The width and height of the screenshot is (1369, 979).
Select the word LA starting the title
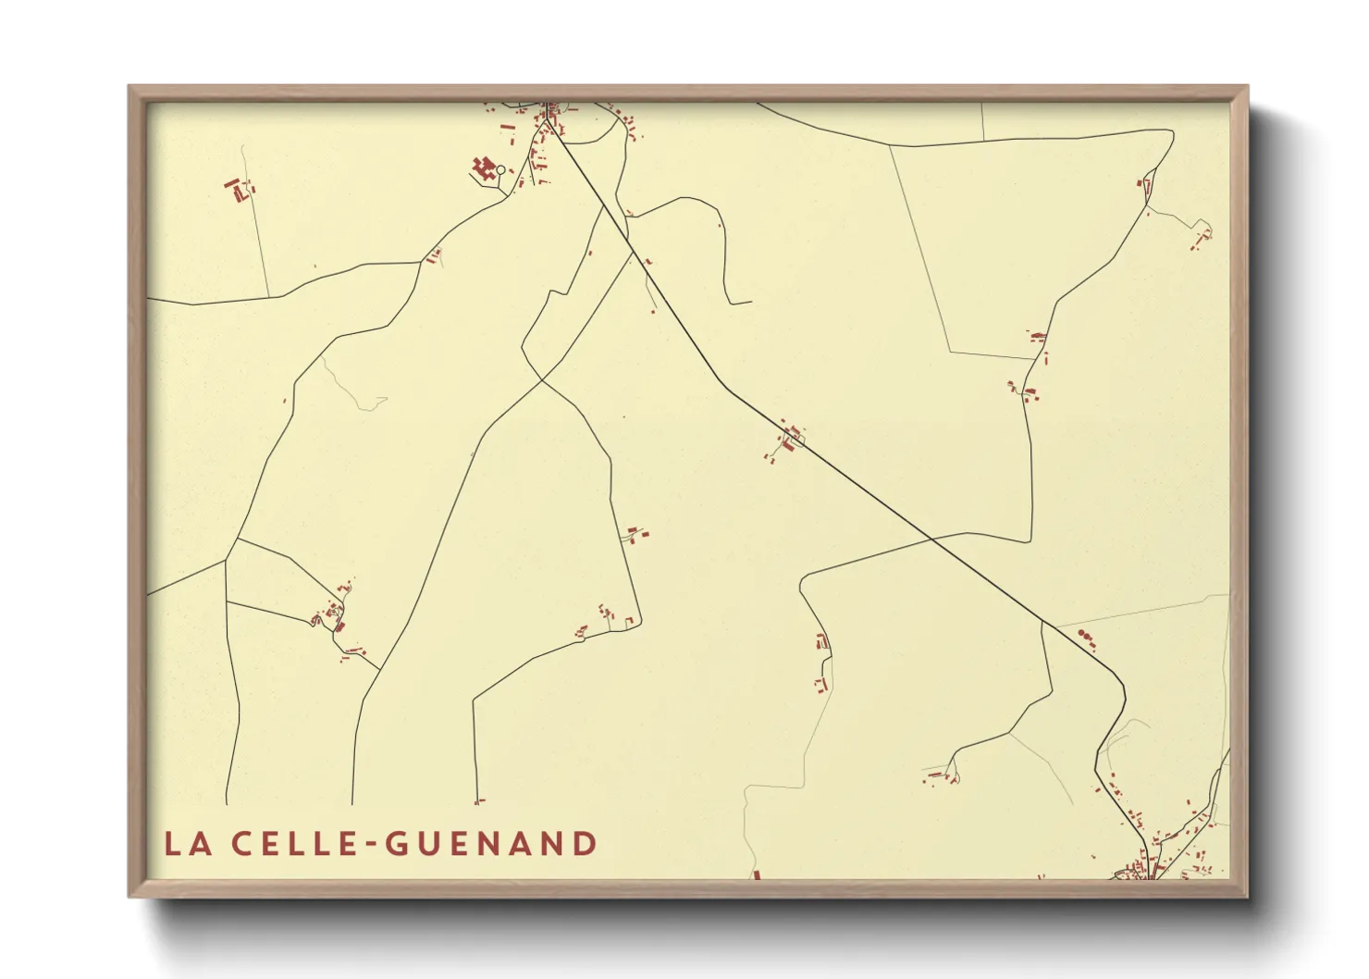pyautogui.click(x=185, y=844)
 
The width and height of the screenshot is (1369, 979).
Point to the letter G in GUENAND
pyautogui.click(x=395, y=844)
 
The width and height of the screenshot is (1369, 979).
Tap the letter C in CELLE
pyautogui.click(x=240, y=844)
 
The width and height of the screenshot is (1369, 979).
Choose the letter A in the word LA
pyautogui.click(x=197, y=844)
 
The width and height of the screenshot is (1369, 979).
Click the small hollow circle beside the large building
pyautogui.click(x=501, y=169)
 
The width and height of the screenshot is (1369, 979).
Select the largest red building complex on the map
pyautogui.click(x=482, y=167)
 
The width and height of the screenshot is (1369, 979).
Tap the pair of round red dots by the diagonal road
pyautogui.click(x=1085, y=636)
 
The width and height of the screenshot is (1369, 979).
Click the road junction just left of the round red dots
pyautogui.click(x=1042, y=622)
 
